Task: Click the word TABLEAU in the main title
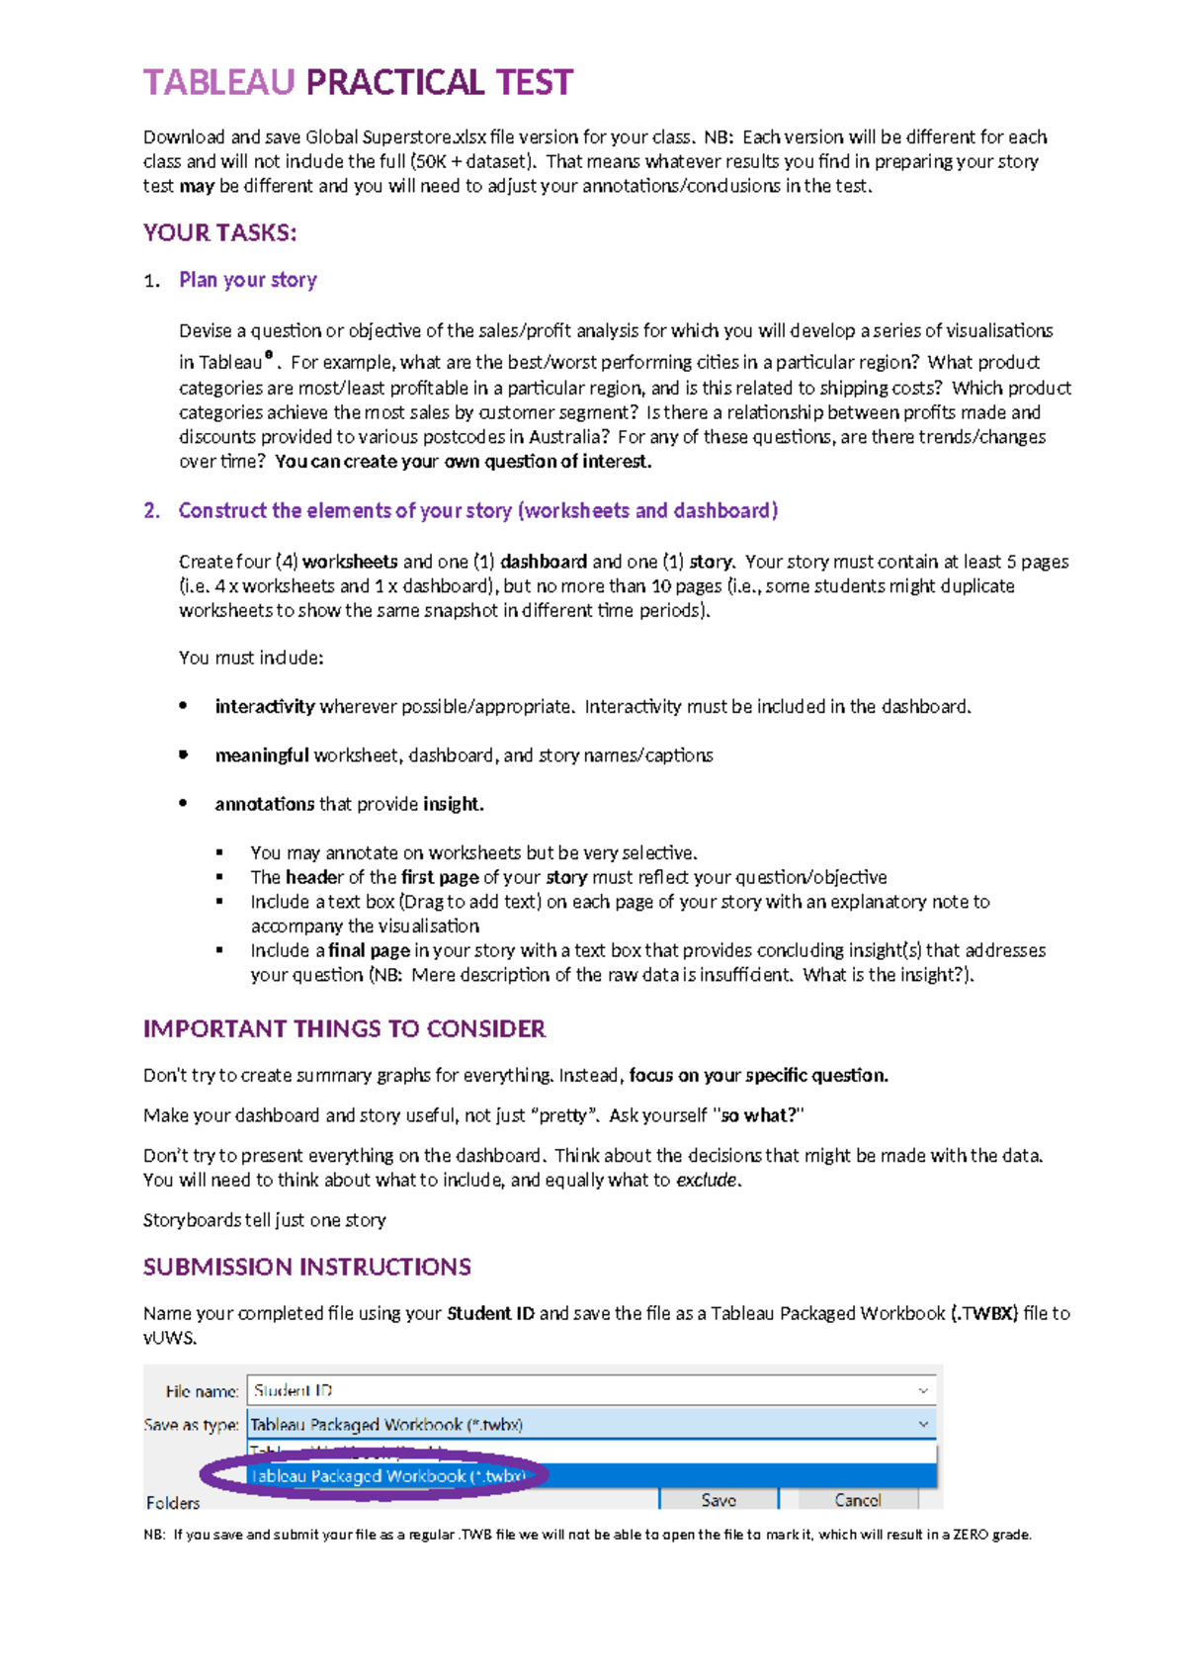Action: tap(218, 82)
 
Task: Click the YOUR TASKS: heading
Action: tap(219, 233)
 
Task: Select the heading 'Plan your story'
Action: tap(248, 280)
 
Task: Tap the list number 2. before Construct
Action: tap(151, 511)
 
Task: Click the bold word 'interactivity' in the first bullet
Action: tap(264, 707)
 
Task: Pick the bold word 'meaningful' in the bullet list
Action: tap(262, 755)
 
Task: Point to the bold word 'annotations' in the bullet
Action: tap(265, 804)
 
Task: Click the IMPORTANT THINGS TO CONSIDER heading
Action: tap(344, 1029)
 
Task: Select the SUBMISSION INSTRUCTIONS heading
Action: tap(306, 1268)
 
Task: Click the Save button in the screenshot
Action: tap(719, 1500)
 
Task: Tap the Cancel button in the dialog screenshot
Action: tap(858, 1500)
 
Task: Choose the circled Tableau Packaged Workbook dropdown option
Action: tap(387, 1476)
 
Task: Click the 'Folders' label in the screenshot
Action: tap(173, 1503)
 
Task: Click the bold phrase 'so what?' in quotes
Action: tap(758, 1115)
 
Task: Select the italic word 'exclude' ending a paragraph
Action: tap(706, 1181)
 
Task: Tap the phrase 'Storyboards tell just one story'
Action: tap(264, 1220)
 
